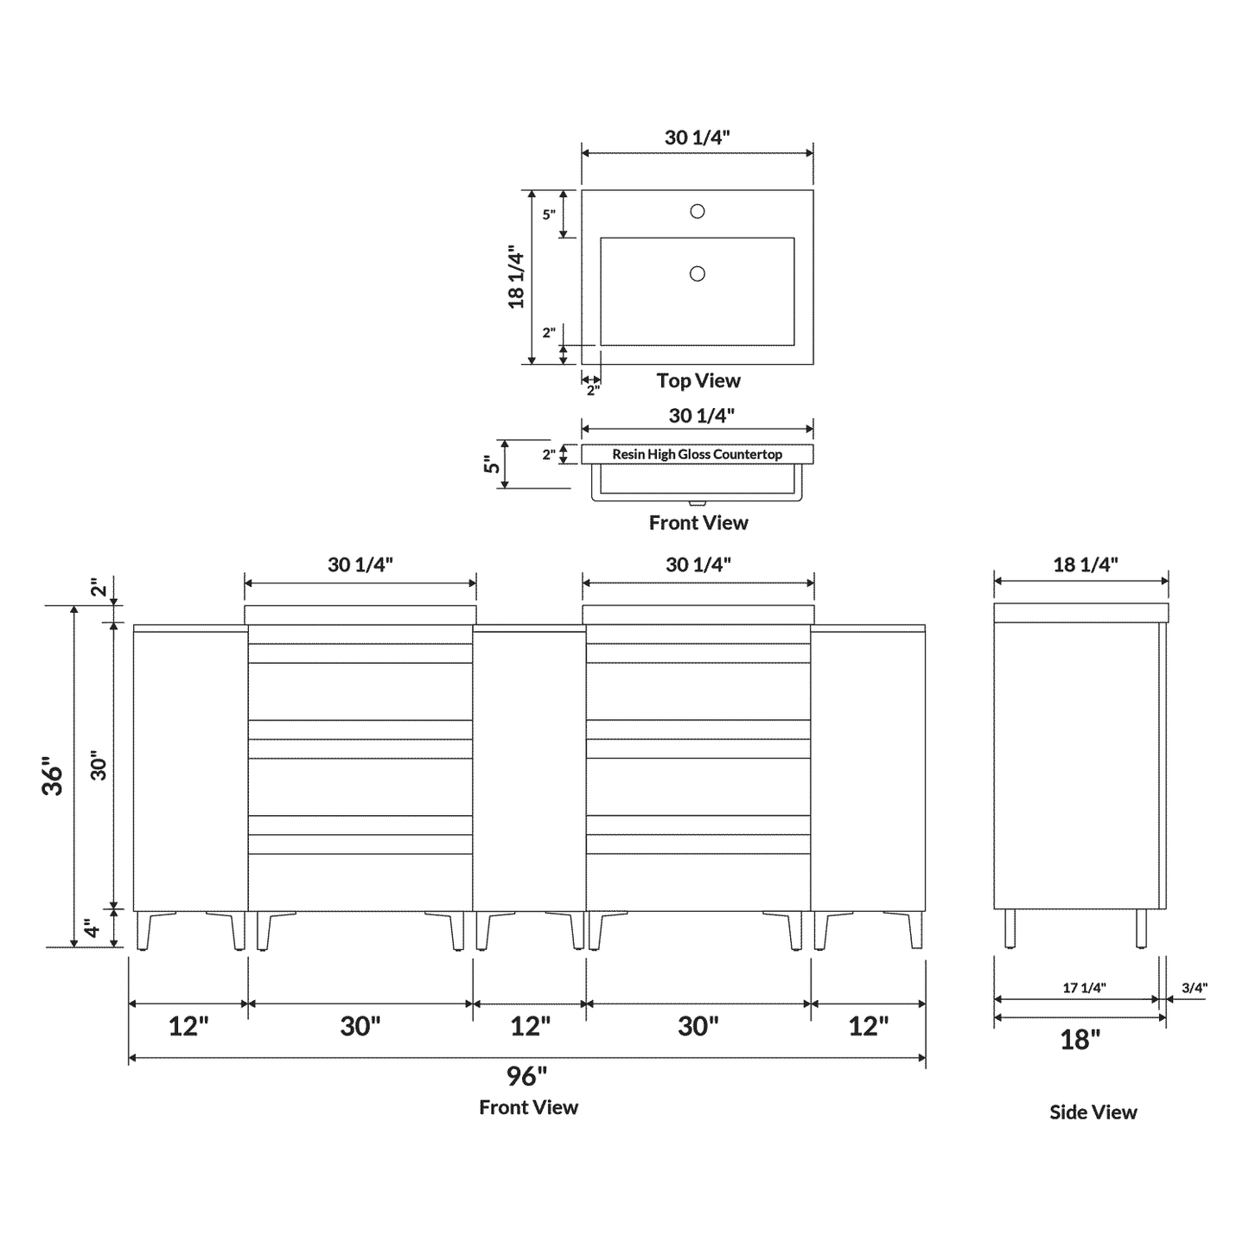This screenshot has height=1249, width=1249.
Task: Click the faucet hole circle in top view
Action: tap(697, 211)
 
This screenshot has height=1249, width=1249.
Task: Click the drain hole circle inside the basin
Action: tap(697, 274)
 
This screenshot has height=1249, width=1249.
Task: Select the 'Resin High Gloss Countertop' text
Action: tap(697, 455)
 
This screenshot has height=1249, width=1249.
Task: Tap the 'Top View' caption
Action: tap(698, 381)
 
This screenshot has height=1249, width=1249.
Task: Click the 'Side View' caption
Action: tap(1093, 1112)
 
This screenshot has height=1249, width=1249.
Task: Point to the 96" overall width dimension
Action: tap(526, 1076)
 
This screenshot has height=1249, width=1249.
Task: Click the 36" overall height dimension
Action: tap(54, 777)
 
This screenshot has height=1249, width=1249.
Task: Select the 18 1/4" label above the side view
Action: tap(1085, 565)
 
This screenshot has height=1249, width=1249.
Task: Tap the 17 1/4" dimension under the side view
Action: tap(1084, 988)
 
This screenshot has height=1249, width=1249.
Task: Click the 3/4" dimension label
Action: tap(1194, 988)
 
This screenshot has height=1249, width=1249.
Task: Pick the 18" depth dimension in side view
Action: tap(1080, 1040)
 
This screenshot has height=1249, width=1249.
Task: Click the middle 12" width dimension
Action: tap(530, 1027)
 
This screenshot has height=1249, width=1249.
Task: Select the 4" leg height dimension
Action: tap(93, 930)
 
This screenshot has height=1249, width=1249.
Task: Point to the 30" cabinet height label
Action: tap(99, 765)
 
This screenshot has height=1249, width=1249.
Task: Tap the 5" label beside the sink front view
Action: tap(492, 465)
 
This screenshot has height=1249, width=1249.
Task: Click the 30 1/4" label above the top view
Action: tap(697, 137)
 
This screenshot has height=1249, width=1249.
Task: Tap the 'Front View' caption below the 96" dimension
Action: tap(528, 1108)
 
